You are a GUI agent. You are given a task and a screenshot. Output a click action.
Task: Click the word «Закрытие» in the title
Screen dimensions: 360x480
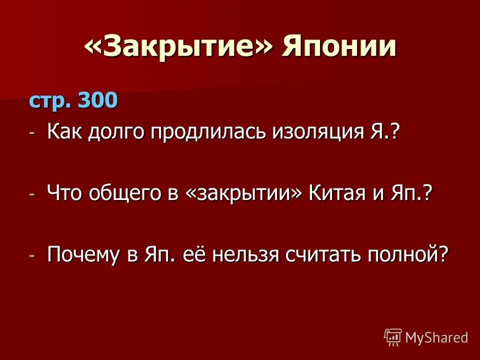179,47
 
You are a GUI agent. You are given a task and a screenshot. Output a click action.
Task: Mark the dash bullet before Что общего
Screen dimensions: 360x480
33,194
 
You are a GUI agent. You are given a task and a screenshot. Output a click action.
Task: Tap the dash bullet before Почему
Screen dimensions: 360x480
33,255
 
